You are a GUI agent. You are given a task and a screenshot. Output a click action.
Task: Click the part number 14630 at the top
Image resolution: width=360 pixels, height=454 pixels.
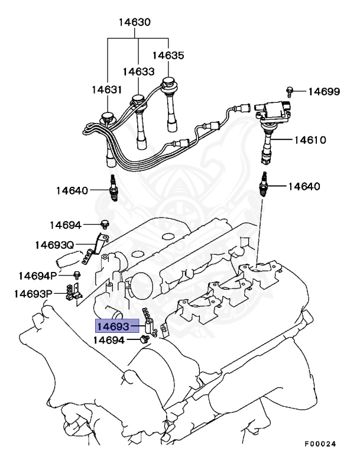pyautogui.click(x=134, y=23)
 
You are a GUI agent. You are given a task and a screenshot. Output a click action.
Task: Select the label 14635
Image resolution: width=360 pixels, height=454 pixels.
pyautogui.click(x=168, y=56)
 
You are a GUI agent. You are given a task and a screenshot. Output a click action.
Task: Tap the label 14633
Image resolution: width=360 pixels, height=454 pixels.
pyautogui.click(x=139, y=72)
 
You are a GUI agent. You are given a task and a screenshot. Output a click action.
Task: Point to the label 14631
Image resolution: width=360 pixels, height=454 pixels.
pyautogui.click(x=106, y=90)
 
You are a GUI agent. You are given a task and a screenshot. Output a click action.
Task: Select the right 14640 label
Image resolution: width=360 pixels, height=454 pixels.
pyautogui.click(x=304, y=186)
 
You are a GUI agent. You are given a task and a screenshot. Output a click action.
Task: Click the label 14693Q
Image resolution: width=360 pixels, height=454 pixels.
pyautogui.click(x=54, y=245)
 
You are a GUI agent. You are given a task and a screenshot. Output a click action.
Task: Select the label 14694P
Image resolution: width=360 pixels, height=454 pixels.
pyautogui.click(x=37, y=275)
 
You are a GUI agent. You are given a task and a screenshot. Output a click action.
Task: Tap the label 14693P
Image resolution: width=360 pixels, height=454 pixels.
pyautogui.click(x=33, y=294)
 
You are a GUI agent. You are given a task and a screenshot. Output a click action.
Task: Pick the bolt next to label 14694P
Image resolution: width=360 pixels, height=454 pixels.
pyautogui.click(x=77, y=275)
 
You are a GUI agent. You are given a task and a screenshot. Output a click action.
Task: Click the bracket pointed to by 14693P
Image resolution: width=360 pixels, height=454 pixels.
pyautogui.click(x=74, y=293)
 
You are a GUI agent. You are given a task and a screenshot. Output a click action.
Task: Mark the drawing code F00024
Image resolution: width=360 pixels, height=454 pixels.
pyautogui.click(x=320, y=443)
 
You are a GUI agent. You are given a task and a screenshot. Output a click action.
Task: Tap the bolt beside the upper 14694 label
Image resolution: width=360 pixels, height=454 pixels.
pyautogui.click(x=105, y=225)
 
